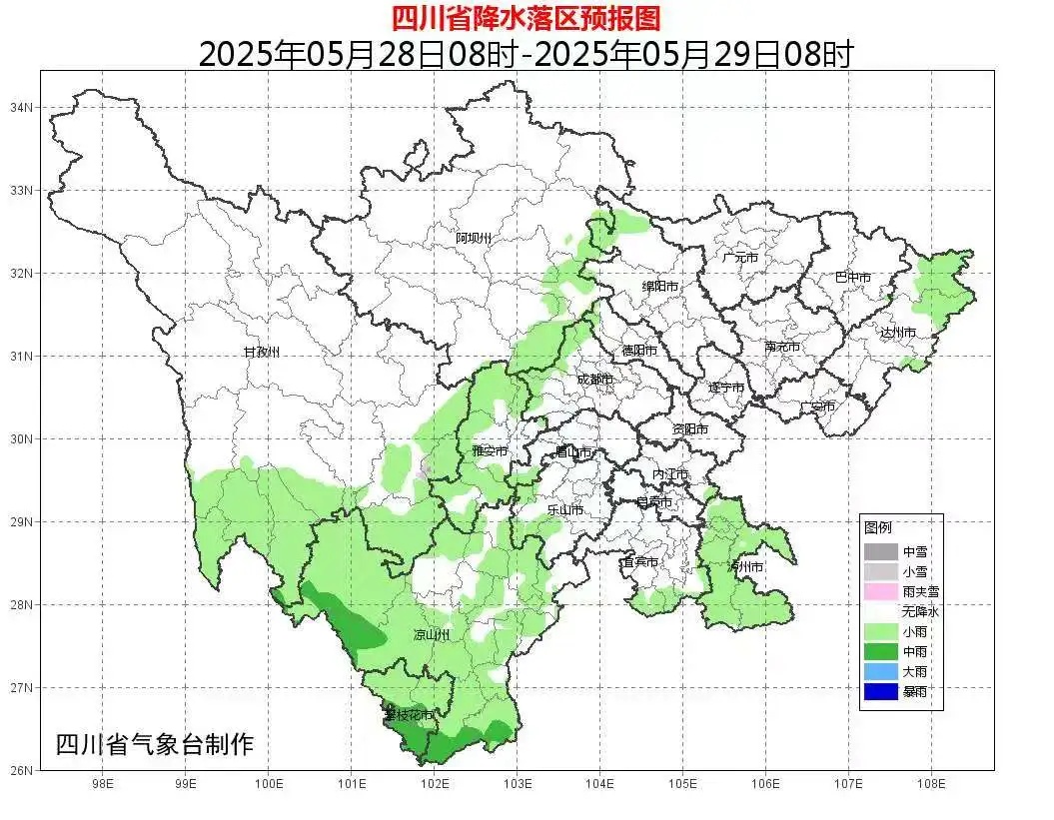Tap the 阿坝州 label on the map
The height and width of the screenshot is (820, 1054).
coord(474,238)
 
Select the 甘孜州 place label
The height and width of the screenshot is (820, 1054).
coord(262,353)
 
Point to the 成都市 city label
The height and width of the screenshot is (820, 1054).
coord(594,380)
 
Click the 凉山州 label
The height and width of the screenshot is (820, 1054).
coord(432,635)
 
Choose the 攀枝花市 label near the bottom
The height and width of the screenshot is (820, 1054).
coord(409,716)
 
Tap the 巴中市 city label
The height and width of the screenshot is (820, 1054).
coord(853,278)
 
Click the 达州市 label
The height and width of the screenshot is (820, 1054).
coord(898,333)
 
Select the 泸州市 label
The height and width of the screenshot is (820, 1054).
coord(745,566)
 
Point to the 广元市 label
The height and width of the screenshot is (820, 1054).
coord(740,258)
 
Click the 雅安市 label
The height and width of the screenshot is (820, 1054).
coord(490,451)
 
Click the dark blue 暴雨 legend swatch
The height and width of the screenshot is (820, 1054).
coord(880,692)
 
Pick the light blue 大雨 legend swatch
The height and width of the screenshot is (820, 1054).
coord(880,672)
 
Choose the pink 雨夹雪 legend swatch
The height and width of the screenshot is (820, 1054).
coord(880,591)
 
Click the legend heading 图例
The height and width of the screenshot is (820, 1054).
coord(878,527)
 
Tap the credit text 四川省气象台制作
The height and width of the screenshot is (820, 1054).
coord(155,744)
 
